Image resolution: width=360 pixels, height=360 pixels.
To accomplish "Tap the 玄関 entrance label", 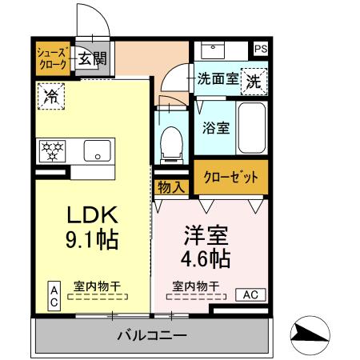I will [x=92, y=58].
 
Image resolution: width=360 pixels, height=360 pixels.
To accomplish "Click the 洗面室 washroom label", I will [x=218, y=80].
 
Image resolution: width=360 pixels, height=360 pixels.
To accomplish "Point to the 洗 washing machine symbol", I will [x=253, y=81].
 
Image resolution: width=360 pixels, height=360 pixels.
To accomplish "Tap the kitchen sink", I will [x=98, y=150].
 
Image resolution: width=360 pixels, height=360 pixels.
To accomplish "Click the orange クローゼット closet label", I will [x=230, y=178].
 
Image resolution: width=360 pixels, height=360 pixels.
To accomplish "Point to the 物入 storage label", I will [x=170, y=187].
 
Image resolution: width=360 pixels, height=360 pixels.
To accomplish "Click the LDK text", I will [x=91, y=214].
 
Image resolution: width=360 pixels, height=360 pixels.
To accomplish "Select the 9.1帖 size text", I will [x=91, y=239].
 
